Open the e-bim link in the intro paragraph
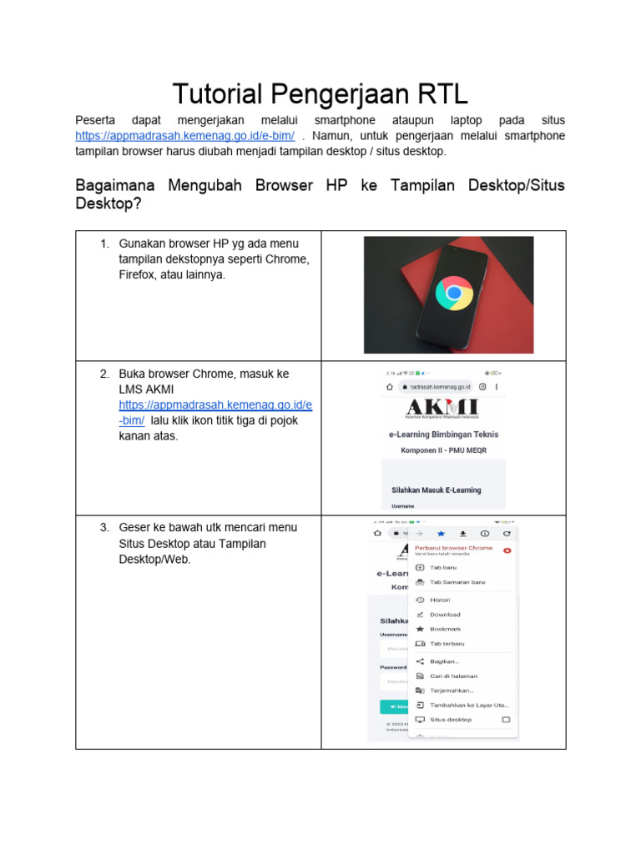(x=184, y=136)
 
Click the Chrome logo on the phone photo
(x=454, y=293)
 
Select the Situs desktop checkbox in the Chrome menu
(x=505, y=719)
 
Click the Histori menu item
(x=440, y=600)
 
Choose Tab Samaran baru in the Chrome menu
(x=457, y=582)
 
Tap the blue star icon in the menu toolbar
(x=441, y=532)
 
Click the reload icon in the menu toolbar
(x=506, y=532)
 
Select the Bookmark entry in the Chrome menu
(x=445, y=629)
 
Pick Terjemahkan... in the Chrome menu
(x=452, y=691)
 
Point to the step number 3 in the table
(x=104, y=528)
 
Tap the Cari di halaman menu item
(x=453, y=676)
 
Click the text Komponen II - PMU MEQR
(x=443, y=450)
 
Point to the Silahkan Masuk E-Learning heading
(x=436, y=490)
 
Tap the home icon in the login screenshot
(x=389, y=388)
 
